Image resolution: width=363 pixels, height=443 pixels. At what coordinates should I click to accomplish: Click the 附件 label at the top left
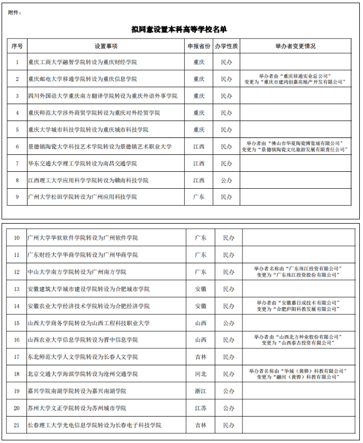pyautogui.click(x=15, y=12)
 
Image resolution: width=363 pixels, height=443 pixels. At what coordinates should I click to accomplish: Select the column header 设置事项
pyautogui.click(x=106, y=46)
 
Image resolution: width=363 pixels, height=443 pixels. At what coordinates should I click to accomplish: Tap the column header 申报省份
pyautogui.click(x=198, y=46)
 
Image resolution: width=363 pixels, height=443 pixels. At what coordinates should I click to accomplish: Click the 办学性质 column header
pyautogui.click(x=226, y=46)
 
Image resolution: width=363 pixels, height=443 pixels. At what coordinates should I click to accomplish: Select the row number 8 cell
pyautogui.click(x=17, y=180)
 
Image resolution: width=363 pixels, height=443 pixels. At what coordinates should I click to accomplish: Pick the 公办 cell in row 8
pyautogui.click(x=226, y=180)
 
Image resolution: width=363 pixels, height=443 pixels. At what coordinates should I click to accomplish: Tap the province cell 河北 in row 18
pyautogui.click(x=201, y=374)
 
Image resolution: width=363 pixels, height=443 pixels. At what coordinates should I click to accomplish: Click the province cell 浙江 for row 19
pyautogui.click(x=201, y=391)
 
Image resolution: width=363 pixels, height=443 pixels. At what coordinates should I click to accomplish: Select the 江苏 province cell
pyautogui.click(x=201, y=408)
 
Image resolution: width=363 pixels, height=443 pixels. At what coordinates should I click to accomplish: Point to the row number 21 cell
pyautogui.click(x=16, y=425)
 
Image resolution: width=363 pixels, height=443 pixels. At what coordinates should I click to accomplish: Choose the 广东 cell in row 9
pyautogui.click(x=198, y=197)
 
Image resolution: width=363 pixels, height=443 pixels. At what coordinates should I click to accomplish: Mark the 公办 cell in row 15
pyautogui.click(x=229, y=323)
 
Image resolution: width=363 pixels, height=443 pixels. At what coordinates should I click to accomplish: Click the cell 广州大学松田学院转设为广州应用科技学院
pyautogui.click(x=82, y=197)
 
